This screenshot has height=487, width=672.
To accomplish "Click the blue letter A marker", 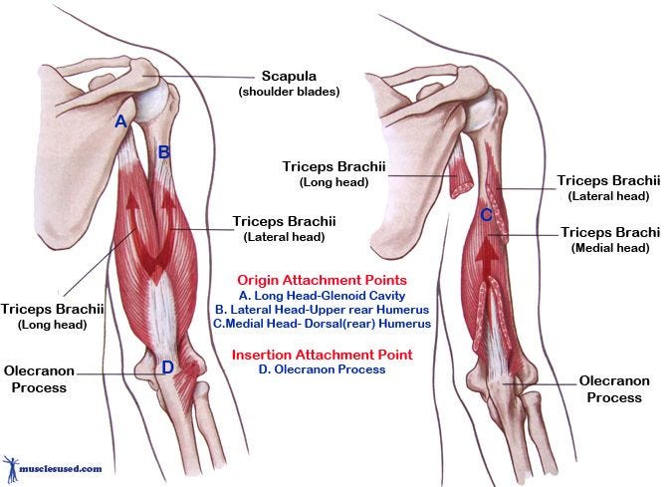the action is (120, 122).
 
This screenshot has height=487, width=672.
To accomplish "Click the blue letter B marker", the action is (164, 152).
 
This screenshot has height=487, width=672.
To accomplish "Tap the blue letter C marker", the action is (486, 214).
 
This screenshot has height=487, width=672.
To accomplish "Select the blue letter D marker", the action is (168, 366).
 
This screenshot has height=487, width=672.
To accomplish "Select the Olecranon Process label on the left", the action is (39, 377).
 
